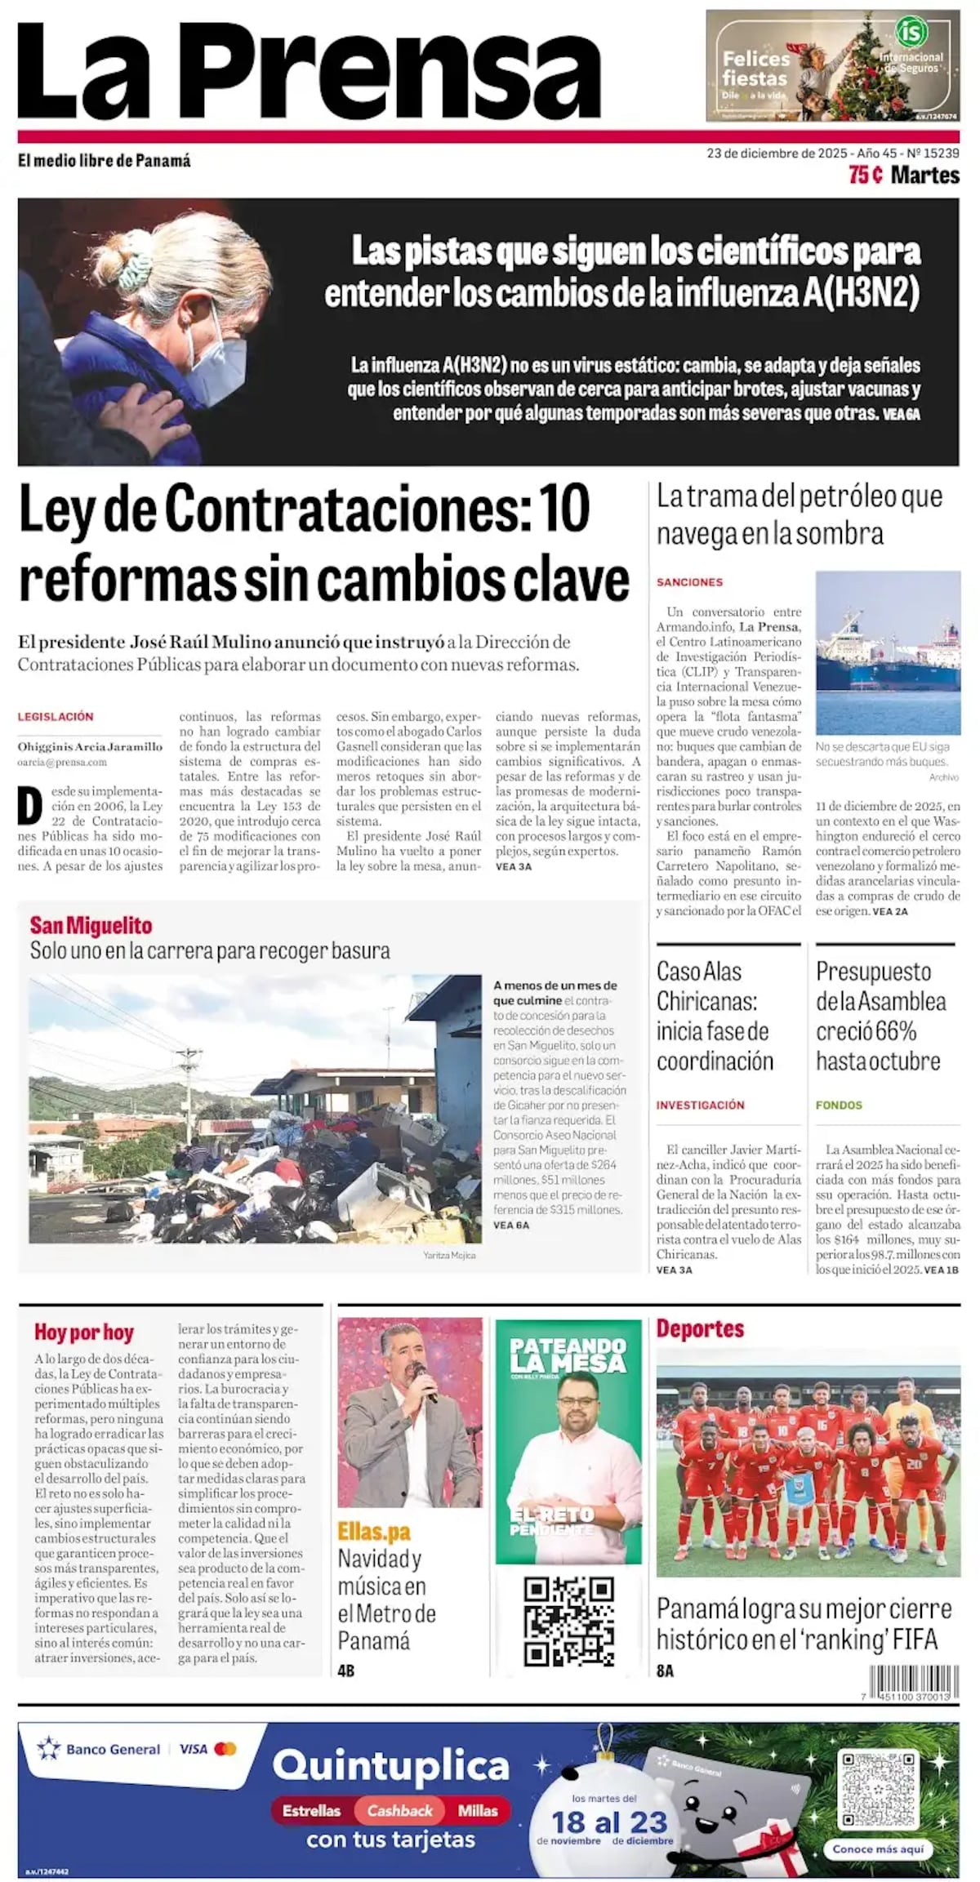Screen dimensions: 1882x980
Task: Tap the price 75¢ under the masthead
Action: click(x=865, y=175)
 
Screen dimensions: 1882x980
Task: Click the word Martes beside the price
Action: click(x=925, y=175)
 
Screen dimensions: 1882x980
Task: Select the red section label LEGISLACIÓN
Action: click(x=56, y=716)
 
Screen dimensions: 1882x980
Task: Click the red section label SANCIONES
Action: click(x=690, y=582)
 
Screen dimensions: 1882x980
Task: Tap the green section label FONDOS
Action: click(x=839, y=1105)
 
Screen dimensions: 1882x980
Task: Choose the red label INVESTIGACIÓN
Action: click(x=701, y=1105)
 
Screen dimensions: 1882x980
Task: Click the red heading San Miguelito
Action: click(x=91, y=925)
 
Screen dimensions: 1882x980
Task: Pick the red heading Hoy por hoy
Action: click(x=83, y=1333)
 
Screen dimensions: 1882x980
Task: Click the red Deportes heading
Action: click(x=700, y=1328)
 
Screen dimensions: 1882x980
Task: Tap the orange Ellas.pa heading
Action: click(x=374, y=1532)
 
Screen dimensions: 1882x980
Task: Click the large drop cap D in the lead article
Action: click(x=29, y=808)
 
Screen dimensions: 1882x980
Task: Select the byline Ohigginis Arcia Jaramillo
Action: click(x=90, y=745)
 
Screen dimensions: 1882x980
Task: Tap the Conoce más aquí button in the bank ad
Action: click(x=878, y=1849)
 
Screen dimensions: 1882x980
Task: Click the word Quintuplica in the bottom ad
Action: click(x=391, y=1765)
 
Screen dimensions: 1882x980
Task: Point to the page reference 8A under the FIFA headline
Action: click(x=665, y=1671)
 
